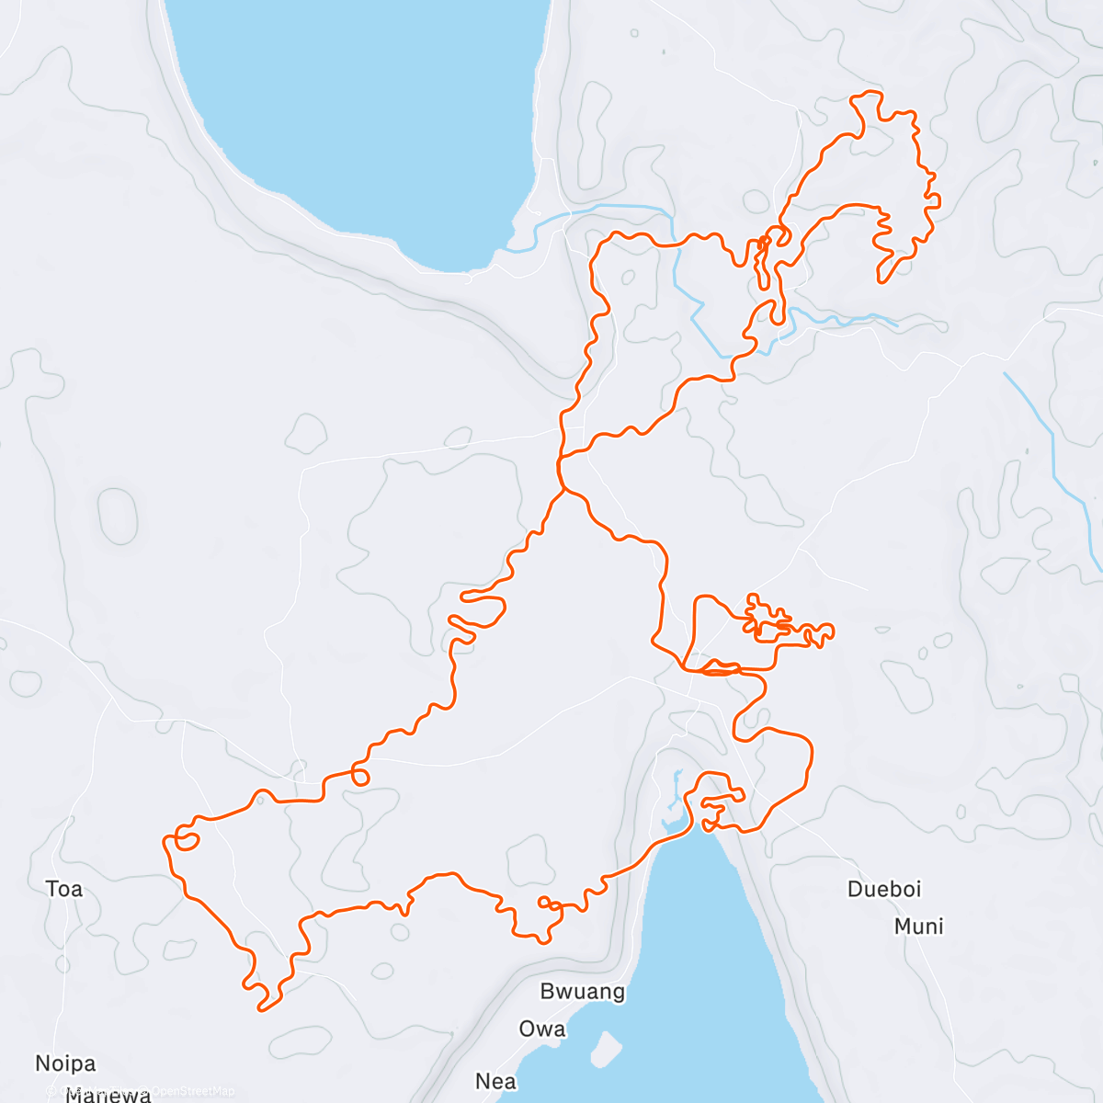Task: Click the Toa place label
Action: (64, 889)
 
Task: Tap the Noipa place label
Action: (65, 1063)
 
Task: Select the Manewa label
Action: (108, 1094)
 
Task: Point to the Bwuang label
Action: (583, 992)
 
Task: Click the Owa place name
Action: (542, 1029)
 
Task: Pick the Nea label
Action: (496, 1081)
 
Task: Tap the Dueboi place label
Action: (884, 889)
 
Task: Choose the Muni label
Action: (919, 927)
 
